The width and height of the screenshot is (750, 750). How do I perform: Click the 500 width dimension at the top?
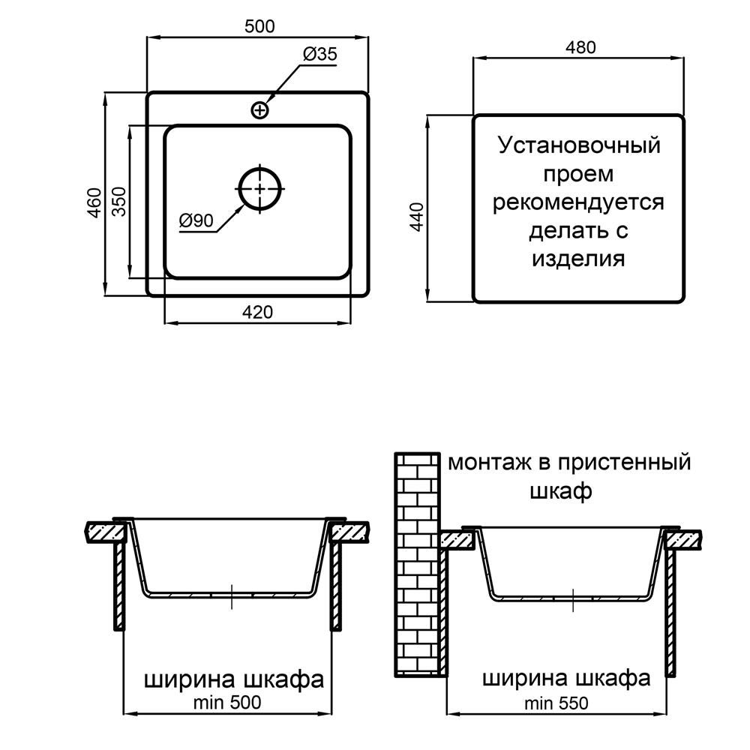tap(259, 26)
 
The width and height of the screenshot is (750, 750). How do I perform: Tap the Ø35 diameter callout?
tap(320, 53)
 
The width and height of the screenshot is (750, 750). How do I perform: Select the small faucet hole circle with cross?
tap(259, 110)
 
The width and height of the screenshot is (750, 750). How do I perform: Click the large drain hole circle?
tap(259, 188)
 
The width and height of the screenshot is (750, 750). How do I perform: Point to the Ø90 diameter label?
tap(196, 220)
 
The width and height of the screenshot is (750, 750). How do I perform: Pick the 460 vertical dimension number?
tap(94, 203)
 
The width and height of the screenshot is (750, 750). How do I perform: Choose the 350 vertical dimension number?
tap(119, 201)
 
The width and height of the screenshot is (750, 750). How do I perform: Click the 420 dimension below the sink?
tap(257, 312)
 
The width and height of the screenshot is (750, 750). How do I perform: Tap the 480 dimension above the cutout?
tap(580, 47)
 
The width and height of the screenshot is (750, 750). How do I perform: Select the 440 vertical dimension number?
tap(418, 217)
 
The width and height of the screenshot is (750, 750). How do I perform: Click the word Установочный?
tap(579, 145)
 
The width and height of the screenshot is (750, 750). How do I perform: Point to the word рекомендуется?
tap(578, 202)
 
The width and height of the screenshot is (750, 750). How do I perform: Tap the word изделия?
tap(578, 259)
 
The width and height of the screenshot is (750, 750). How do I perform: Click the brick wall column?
tap(417, 565)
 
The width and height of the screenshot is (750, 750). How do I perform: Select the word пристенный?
tap(625, 463)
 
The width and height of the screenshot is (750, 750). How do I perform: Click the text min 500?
tap(227, 703)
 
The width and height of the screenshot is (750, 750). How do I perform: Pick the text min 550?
tap(556, 703)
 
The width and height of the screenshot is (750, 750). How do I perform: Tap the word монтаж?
tap(484, 463)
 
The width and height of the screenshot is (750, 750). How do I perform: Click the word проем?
tap(578, 174)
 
